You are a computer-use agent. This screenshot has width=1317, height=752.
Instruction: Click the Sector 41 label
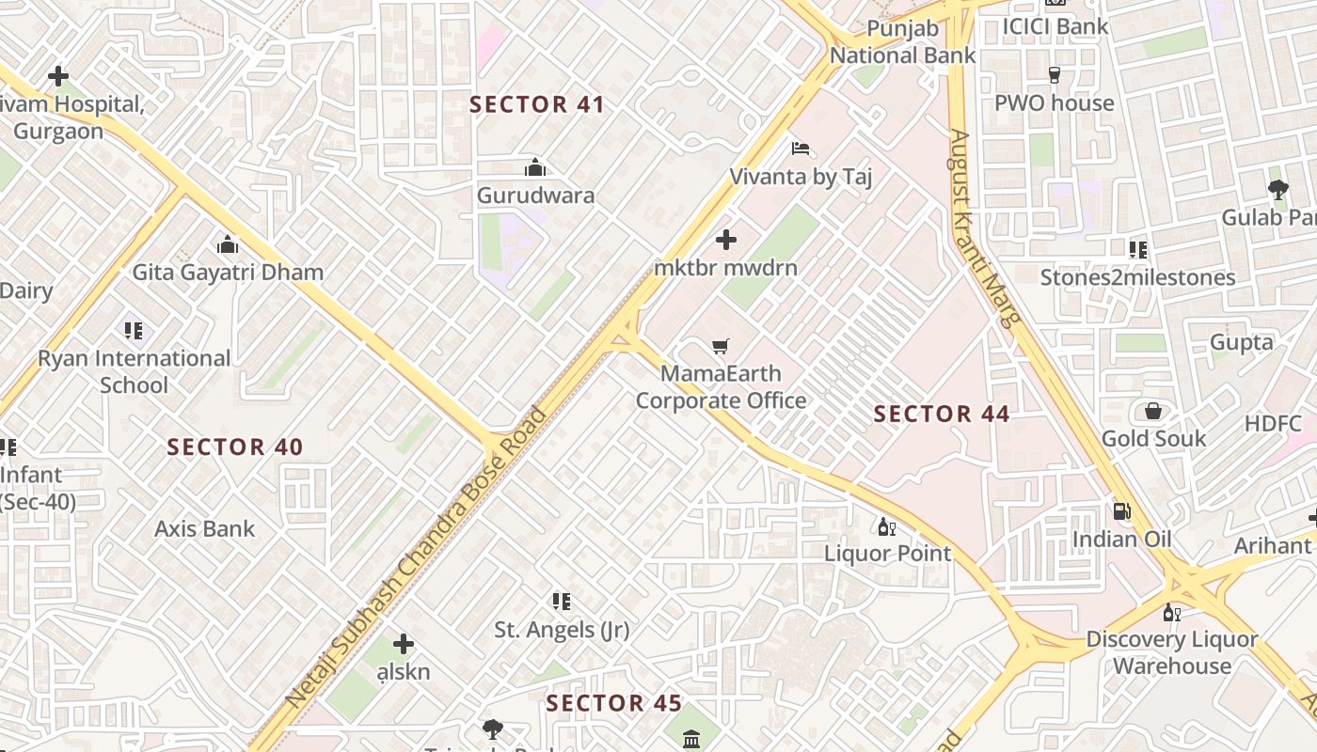(x=536, y=104)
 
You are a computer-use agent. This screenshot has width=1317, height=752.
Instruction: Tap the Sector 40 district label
(x=235, y=446)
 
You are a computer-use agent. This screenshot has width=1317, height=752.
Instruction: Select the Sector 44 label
(x=942, y=414)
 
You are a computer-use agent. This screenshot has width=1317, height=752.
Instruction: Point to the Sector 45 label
(x=613, y=703)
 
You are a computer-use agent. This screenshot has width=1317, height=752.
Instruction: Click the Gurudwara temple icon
(x=535, y=168)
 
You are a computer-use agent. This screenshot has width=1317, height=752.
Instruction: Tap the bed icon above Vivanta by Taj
(x=801, y=149)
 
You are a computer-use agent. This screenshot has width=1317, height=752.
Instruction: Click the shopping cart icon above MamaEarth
(x=721, y=347)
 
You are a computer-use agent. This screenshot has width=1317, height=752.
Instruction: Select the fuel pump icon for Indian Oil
(x=1121, y=511)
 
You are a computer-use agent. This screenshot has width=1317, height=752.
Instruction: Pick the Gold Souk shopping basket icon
(x=1153, y=411)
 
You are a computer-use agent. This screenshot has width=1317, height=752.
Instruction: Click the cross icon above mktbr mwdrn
(x=726, y=240)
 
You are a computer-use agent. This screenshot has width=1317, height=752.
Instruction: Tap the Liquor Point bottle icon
(x=886, y=526)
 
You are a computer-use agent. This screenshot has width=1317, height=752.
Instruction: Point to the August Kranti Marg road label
(x=984, y=227)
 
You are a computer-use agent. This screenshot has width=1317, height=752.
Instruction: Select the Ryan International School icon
(x=134, y=331)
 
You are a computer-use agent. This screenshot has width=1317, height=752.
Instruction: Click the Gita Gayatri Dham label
(x=228, y=273)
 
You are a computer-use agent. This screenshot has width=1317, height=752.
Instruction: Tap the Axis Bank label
(x=204, y=528)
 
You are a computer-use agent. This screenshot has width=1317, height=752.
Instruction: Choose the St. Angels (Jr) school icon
(x=562, y=602)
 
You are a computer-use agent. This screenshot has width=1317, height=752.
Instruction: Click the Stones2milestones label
(x=1137, y=277)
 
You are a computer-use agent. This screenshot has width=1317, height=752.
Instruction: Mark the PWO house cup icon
(x=1054, y=75)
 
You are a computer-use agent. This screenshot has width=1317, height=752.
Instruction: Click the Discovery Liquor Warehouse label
(x=1171, y=652)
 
